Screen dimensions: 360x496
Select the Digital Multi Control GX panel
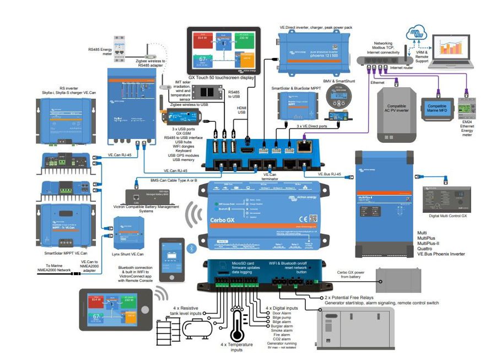click(x=445, y=196)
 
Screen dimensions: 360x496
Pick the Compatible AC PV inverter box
click(x=396, y=110)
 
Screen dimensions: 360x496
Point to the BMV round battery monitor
click(x=336, y=99)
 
